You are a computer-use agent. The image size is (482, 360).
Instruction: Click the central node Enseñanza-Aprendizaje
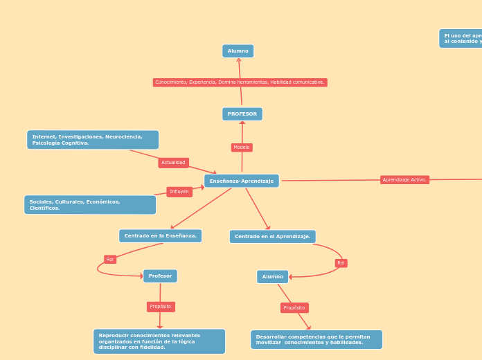242,181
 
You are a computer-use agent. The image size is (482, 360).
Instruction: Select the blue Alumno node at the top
238,51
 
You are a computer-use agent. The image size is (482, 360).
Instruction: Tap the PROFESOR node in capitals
242,114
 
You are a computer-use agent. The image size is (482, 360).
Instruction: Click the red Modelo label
242,147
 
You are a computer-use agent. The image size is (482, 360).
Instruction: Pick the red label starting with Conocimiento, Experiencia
240,82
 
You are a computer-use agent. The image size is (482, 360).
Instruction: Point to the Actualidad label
173,163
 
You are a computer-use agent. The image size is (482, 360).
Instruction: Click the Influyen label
179,192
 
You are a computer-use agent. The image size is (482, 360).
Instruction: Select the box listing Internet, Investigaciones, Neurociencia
93,140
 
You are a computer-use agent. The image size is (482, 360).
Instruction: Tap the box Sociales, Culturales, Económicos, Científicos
90,205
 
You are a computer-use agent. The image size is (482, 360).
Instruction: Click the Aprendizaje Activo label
404,180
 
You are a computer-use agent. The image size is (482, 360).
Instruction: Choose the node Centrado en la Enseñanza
160,236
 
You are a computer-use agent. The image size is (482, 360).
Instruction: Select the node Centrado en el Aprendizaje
272,237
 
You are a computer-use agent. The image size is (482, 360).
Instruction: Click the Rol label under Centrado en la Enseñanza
110,260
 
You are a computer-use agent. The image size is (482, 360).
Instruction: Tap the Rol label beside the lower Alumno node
341,263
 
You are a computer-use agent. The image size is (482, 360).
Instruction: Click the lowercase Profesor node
160,276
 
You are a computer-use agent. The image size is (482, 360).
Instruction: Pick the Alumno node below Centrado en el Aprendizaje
272,277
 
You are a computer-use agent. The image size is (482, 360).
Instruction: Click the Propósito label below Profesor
161,307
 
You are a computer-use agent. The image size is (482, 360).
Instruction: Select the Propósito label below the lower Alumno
294,308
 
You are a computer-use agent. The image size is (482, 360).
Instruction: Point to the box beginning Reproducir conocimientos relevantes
159,341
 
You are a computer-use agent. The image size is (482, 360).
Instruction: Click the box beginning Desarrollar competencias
316,340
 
